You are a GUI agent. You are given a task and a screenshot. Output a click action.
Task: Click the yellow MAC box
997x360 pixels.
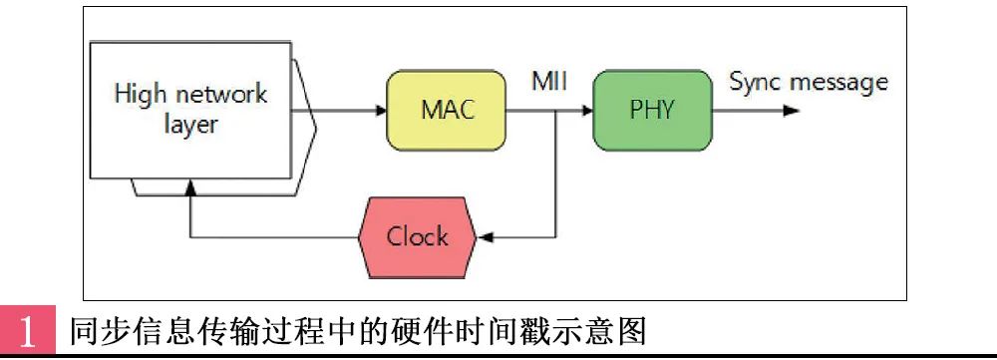pyautogui.click(x=446, y=110)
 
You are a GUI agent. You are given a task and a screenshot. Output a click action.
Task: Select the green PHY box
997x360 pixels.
pyautogui.click(x=653, y=110)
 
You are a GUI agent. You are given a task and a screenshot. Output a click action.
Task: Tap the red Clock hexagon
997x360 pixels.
pyautogui.click(x=418, y=237)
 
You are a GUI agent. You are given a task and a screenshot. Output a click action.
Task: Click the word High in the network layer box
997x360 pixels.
pyautogui.click(x=140, y=95)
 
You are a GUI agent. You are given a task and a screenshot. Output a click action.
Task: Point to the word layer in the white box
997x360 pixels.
pyautogui.click(x=190, y=127)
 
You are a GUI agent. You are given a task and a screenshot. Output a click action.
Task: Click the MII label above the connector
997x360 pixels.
pyautogui.click(x=548, y=81)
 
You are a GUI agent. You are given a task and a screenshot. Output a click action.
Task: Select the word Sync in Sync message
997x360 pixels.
pyautogui.click(x=755, y=81)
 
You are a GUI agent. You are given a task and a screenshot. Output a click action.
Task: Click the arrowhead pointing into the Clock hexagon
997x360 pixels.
pyautogui.click(x=487, y=237)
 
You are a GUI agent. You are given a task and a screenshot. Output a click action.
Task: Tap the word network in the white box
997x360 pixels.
pyautogui.click(x=222, y=95)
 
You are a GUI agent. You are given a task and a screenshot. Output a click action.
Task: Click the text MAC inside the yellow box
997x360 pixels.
pyautogui.click(x=446, y=110)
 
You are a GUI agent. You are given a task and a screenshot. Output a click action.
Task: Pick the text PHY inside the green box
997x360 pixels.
pyautogui.click(x=653, y=110)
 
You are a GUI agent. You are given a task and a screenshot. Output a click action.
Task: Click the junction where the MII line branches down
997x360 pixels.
pyautogui.click(x=553, y=110)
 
